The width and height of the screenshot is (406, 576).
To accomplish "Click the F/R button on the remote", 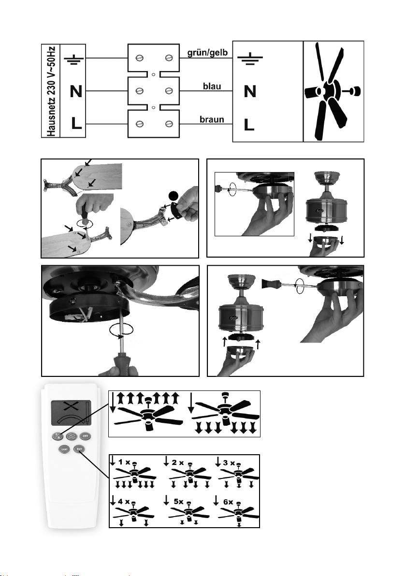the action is coord(57,435).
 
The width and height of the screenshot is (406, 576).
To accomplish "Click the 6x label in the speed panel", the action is coord(228,503).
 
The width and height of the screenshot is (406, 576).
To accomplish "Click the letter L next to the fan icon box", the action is coord(249,126).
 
